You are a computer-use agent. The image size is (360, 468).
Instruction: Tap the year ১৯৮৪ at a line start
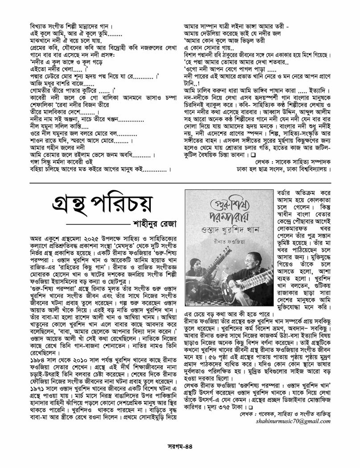(37, 346)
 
